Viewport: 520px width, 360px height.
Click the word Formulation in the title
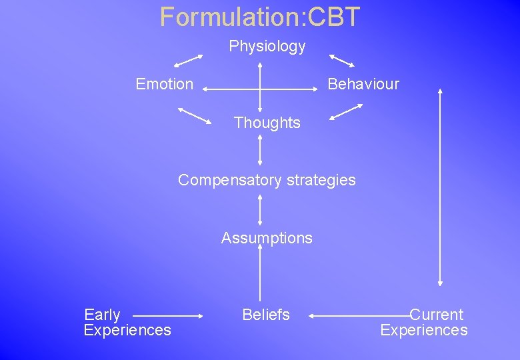(x=231, y=17)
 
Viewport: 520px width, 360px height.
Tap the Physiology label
(x=267, y=47)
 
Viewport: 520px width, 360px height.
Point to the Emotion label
(x=164, y=84)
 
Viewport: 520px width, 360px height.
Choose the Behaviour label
(x=363, y=84)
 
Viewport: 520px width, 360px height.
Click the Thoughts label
(x=267, y=123)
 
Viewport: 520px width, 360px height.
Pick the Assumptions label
(x=267, y=238)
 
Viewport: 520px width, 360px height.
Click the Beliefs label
(x=266, y=315)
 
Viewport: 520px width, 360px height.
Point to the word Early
(x=102, y=315)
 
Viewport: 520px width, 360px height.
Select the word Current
(x=436, y=315)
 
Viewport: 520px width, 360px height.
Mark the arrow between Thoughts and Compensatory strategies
(x=260, y=151)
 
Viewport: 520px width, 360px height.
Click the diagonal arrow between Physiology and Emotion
(x=188, y=61)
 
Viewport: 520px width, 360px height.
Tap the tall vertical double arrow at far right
(x=439, y=187)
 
